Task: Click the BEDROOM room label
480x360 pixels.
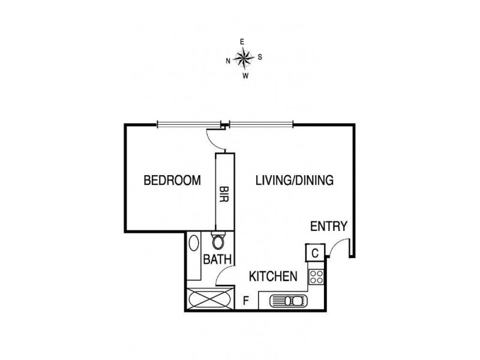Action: (x=172, y=180)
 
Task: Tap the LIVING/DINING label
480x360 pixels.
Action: (x=294, y=180)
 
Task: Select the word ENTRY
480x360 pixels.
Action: (x=329, y=226)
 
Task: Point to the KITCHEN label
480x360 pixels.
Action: (x=274, y=277)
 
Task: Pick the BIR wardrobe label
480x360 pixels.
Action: (x=225, y=193)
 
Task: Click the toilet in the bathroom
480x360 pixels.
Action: (x=219, y=242)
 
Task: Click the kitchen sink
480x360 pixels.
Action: (x=288, y=300)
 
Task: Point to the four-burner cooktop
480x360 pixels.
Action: (x=316, y=277)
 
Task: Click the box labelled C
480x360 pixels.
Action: (x=314, y=253)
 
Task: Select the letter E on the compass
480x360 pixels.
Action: (x=242, y=42)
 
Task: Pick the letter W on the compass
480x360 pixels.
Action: (x=245, y=76)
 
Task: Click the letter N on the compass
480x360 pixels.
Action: (x=228, y=61)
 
